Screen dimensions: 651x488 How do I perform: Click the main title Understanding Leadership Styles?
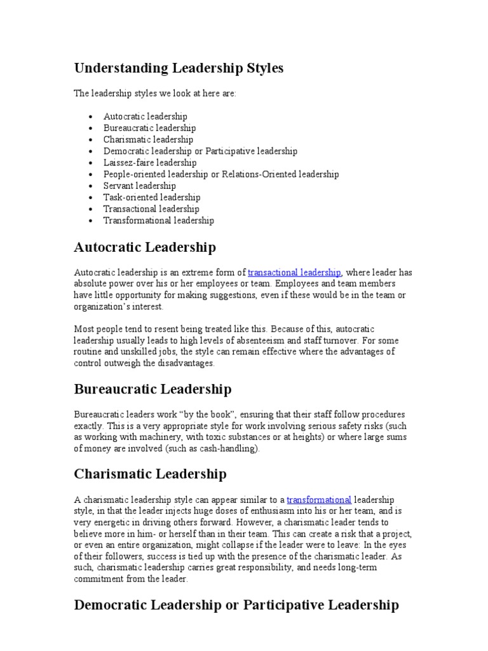(x=179, y=68)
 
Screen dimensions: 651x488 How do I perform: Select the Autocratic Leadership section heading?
(x=145, y=247)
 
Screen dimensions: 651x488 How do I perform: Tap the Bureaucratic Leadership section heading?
(x=152, y=388)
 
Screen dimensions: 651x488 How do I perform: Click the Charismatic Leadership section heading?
(x=150, y=474)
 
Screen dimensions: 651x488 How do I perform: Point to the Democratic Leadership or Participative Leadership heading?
(x=236, y=605)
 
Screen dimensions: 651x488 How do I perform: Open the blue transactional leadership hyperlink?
(x=294, y=272)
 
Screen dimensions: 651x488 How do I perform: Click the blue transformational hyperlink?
(x=319, y=500)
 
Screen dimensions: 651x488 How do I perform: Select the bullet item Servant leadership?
(x=140, y=186)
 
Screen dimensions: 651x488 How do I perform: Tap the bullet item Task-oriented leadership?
(x=152, y=197)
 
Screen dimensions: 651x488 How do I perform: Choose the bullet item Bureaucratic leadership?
(x=149, y=128)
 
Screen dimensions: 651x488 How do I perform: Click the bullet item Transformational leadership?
(x=159, y=221)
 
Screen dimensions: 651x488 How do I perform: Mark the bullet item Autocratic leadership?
(x=146, y=116)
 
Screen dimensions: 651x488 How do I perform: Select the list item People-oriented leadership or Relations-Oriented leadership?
(x=221, y=174)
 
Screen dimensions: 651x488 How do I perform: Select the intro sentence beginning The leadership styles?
(x=155, y=93)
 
